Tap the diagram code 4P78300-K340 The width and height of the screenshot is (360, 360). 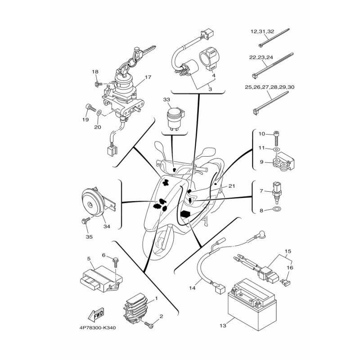pos(98,328)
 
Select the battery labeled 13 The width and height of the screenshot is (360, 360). pos(252,305)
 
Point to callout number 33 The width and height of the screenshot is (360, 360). pos(166,99)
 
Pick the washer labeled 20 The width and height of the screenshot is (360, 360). pos(99,112)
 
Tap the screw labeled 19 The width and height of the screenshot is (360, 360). pos(90,108)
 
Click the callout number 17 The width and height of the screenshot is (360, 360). pos(148,77)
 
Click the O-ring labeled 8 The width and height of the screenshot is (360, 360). pos(277,209)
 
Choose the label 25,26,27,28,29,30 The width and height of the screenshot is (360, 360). pos(270,87)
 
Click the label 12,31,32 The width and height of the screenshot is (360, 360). pos(262,31)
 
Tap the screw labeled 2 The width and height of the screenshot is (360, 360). pos(148,324)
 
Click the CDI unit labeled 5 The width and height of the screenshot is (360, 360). pos(101,278)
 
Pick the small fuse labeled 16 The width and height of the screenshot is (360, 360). pos(285,283)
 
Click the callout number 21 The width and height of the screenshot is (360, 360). pos(232,186)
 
